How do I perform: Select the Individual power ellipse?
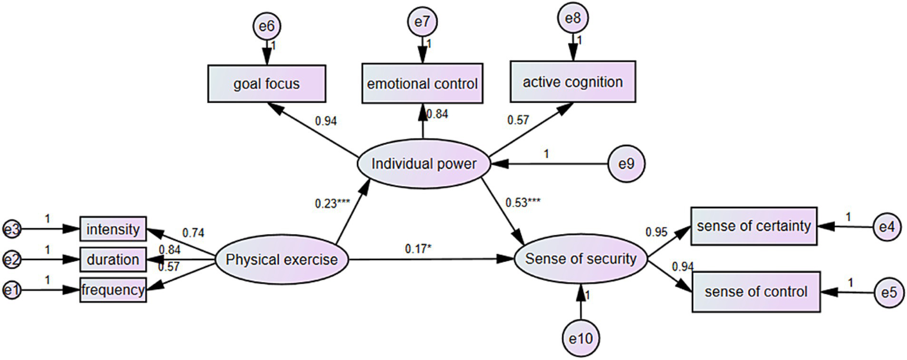coord(424,164)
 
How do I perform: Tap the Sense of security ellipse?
coord(581,258)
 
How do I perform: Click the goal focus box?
coord(266,84)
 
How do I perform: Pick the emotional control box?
coord(422,84)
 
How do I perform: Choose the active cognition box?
coord(573,82)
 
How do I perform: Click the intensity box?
coord(113,229)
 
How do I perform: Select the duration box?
coord(113,260)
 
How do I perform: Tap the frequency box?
coord(113,290)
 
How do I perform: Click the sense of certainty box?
coord(753,226)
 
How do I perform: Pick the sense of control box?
coord(756,291)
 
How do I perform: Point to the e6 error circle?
coord(266,27)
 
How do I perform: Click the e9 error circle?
coord(626,164)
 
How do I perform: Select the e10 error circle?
coord(581,338)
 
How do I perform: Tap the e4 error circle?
coord(889,226)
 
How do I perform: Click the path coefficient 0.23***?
coord(332,203)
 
